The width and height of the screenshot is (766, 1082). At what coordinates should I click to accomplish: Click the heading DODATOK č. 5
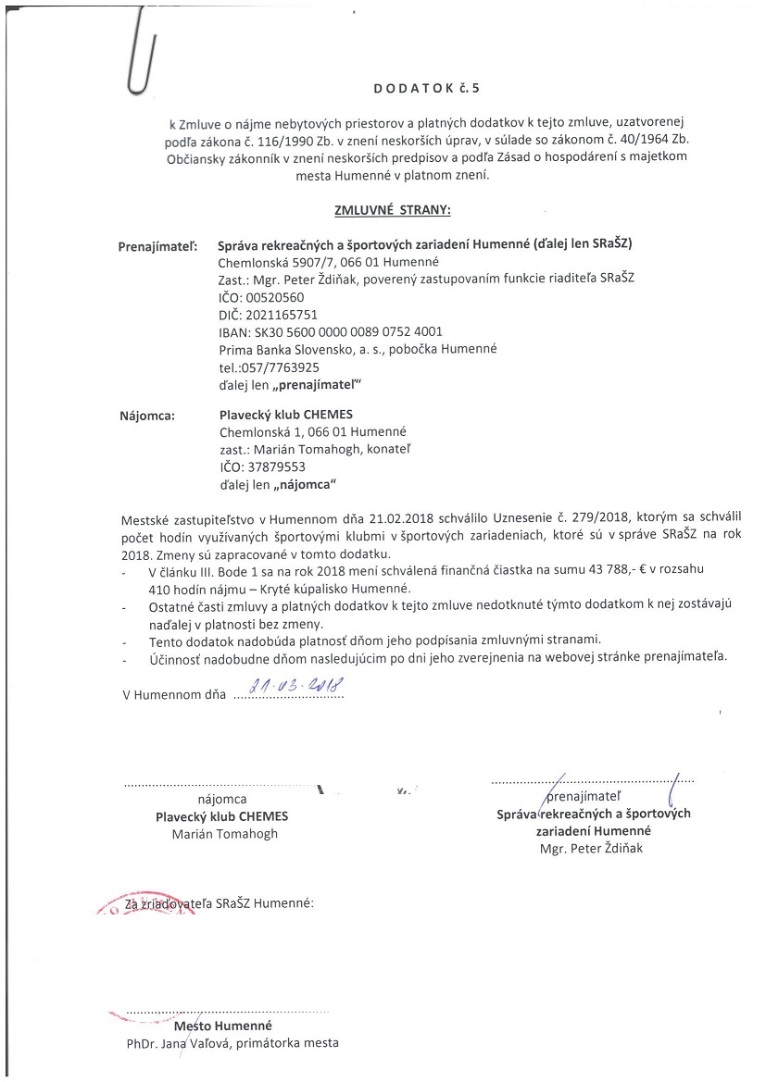[x=428, y=90]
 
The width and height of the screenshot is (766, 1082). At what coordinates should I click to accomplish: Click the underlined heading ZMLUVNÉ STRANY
[x=392, y=210]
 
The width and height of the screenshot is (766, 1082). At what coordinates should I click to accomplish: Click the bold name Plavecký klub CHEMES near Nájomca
[x=286, y=415]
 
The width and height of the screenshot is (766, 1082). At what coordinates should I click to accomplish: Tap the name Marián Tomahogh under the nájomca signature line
[x=224, y=833]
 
